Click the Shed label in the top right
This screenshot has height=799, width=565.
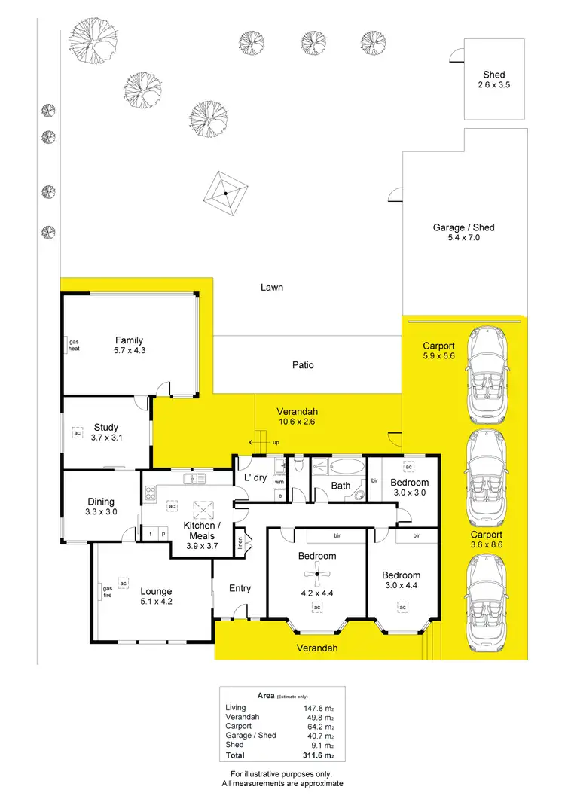[493, 75]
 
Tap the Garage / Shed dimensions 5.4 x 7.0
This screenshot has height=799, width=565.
[463, 238]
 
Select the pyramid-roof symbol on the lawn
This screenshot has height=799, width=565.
[225, 193]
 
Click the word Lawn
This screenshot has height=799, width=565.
[271, 288]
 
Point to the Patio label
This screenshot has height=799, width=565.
[303, 365]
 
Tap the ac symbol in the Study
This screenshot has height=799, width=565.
[77, 433]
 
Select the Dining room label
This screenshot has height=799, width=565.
[101, 502]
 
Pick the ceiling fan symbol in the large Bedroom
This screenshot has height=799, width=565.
[317, 578]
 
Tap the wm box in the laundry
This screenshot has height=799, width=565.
[279, 482]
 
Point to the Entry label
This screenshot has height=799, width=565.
[240, 588]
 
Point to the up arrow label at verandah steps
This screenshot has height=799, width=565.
[276, 442]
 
